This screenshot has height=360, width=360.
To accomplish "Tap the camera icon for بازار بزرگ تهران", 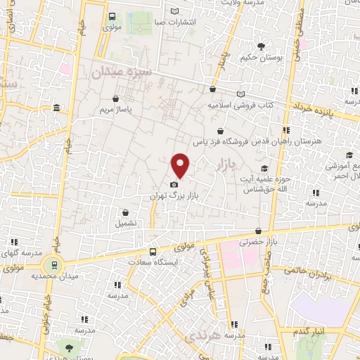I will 174,184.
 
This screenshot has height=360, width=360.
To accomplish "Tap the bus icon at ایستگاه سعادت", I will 153,252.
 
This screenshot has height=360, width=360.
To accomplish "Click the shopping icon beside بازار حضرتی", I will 259,231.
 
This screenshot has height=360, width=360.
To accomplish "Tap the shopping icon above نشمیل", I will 126,212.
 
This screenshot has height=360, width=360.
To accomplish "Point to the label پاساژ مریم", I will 115,110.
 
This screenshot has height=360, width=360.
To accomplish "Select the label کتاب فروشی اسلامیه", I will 239,105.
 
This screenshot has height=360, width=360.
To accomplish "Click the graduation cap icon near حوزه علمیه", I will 264,168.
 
